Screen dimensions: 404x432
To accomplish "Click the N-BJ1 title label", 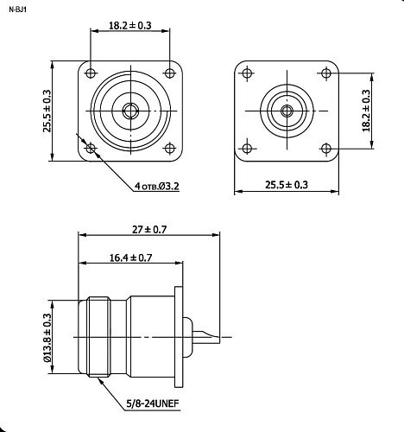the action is click(18, 10).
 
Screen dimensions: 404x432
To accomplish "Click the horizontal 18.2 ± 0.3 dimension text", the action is click(130, 25).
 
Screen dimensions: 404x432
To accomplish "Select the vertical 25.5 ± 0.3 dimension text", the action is click(47, 111).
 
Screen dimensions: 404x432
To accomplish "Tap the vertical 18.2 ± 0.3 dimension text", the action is click(366, 111).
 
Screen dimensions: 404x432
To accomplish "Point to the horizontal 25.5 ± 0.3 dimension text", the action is click(287, 185).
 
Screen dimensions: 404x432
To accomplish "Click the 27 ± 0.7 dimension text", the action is click(149, 230).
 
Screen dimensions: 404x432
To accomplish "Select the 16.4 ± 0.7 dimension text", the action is click(130, 257).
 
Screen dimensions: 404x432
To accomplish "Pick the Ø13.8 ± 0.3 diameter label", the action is click(47, 338).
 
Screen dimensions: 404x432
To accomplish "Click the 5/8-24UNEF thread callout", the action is click(153, 403).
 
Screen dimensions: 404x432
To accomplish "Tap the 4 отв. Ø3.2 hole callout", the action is click(157, 187).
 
